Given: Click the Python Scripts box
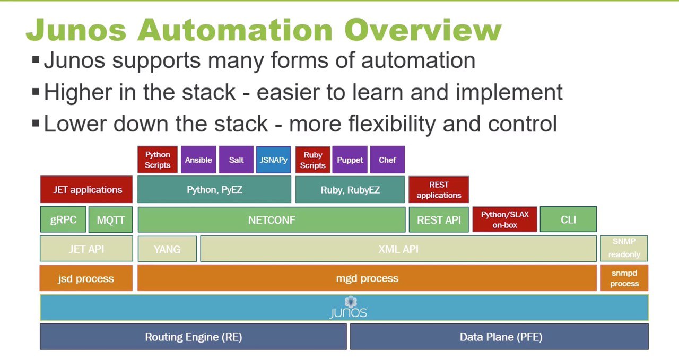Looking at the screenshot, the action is pyautogui.click(x=158, y=160).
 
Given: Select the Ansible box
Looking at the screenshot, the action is pyautogui.click(x=198, y=160).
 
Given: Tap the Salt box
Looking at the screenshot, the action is pyautogui.click(x=236, y=160).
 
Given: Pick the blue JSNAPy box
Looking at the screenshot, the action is pyautogui.click(x=273, y=160).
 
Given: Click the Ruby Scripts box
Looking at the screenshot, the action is pyautogui.click(x=313, y=160).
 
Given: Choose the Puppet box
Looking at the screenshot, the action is pyautogui.click(x=350, y=160).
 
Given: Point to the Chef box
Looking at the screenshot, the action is pyautogui.click(x=387, y=160).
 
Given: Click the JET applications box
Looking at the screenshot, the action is pyautogui.click(x=86, y=189).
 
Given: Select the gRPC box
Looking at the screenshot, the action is pyautogui.click(x=63, y=219).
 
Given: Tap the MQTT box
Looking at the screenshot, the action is pyautogui.click(x=111, y=219).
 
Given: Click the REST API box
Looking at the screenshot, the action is pyautogui.click(x=439, y=219).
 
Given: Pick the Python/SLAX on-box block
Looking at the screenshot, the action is pyautogui.click(x=504, y=219).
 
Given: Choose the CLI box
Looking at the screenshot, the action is pyautogui.click(x=568, y=219).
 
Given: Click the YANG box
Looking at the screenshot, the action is pyautogui.click(x=167, y=249).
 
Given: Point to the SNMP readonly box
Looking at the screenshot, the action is pyautogui.click(x=624, y=248).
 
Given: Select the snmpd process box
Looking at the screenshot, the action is pyautogui.click(x=624, y=278).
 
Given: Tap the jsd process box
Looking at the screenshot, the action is pyautogui.click(x=86, y=278).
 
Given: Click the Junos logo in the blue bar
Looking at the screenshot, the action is pyautogui.click(x=349, y=308).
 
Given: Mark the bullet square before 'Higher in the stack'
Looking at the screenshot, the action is pyautogui.click(x=36, y=91).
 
